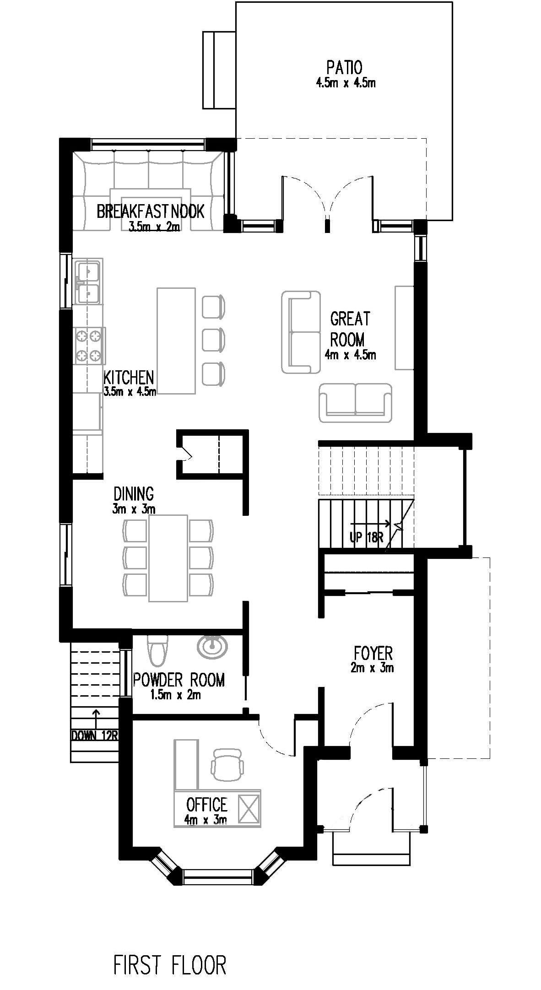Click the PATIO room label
point(344,67)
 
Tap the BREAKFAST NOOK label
point(151,211)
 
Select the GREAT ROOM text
point(350,329)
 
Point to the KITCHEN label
point(129,378)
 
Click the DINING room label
point(134,494)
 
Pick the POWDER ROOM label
point(179,680)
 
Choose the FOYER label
point(373,653)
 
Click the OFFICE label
point(207,804)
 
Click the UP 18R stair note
point(367,537)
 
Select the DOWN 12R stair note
point(95,736)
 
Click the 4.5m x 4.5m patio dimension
point(346,83)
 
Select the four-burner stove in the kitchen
point(89,346)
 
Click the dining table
point(168,558)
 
